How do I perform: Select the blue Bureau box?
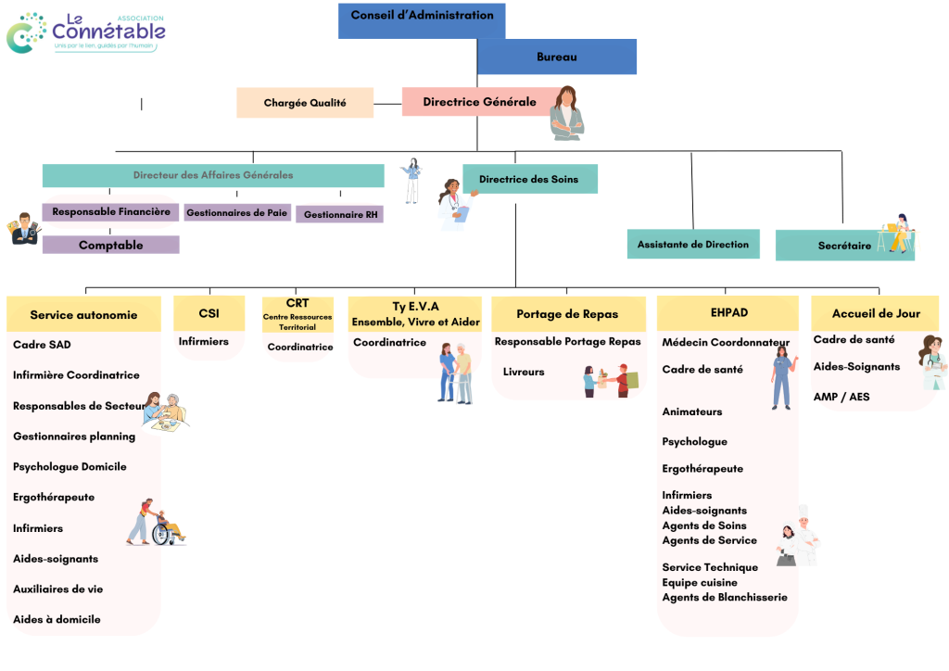[x=556, y=57]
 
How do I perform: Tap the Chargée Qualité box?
[x=305, y=103]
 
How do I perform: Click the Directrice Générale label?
[x=479, y=102]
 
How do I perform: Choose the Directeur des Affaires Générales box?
[x=213, y=175]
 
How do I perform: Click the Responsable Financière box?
[x=110, y=212]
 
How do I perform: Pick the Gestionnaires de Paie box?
[x=237, y=213]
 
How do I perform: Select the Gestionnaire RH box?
[x=340, y=214]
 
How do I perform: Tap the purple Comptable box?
[x=110, y=245]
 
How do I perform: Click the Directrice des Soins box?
[x=529, y=179]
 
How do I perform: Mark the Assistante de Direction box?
[x=693, y=244]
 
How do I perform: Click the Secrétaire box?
[x=844, y=246]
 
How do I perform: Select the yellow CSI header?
[x=209, y=313]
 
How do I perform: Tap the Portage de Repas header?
[x=567, y=314]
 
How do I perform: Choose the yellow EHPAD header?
[x=728, y=313]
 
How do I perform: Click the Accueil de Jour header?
[x=876, y=313]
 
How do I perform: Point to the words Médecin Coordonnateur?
[x=726, y=343]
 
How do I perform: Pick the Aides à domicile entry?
[x=57, y=619]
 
